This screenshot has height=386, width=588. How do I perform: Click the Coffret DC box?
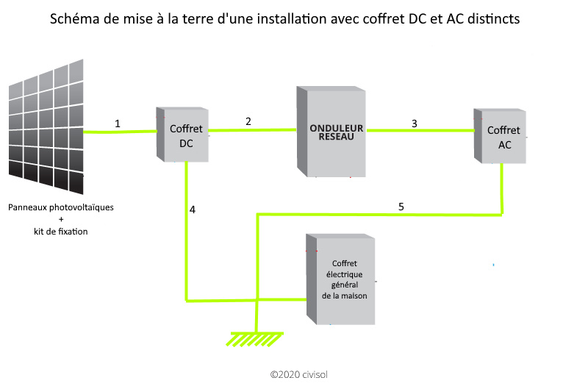(x=184, y=134)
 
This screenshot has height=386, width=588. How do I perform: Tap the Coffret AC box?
(x=501, y=136)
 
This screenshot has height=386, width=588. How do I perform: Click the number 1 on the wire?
(x=118, y=124)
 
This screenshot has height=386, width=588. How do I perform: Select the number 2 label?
(x=248, y=121)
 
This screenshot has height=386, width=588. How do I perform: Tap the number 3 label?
(x=415, y=123)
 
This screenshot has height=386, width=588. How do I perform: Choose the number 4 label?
(x=193, y=210)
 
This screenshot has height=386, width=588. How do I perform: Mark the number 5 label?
(x=401, y=207)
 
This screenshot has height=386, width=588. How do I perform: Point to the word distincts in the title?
(x=493, y=19)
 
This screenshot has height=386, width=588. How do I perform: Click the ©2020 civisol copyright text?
(x=298, y=374)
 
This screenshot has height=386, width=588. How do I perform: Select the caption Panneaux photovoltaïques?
(x=61, y=207)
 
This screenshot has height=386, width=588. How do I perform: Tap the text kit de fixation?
(x=61, y=232)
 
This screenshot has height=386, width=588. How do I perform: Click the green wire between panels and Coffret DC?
(x=121, y=132)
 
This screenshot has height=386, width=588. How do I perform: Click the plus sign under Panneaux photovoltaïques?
(x=61, y=220)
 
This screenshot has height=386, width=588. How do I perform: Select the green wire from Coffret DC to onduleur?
(x=254, y=131)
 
